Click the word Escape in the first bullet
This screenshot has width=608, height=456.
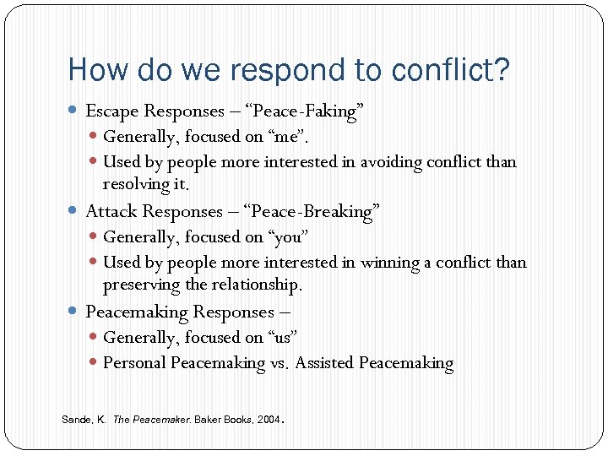click(112, 111)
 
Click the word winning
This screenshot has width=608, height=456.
click(389, 263)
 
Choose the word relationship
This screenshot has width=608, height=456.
click(252, 285)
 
